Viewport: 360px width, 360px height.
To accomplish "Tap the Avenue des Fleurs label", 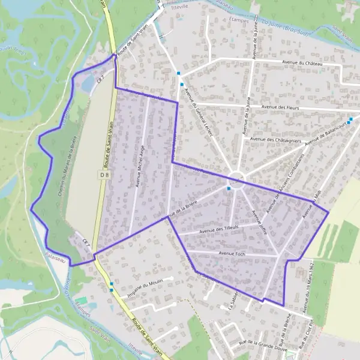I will [280, 107].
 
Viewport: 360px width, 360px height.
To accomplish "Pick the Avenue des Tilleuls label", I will [219, 229].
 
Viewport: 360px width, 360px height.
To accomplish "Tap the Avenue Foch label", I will [230, 253].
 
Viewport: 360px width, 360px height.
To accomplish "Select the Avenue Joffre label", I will [259, 221].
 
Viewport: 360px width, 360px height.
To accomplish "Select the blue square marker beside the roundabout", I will [229, 188].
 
